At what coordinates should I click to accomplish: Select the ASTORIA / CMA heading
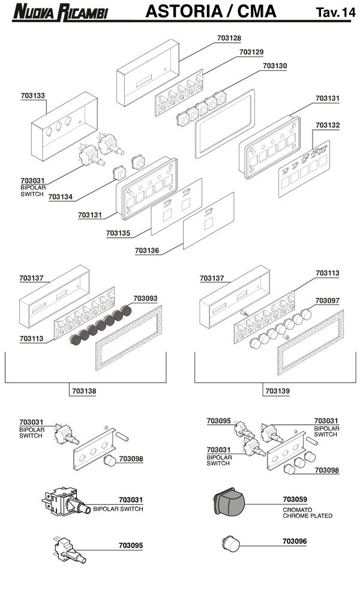click(211, 11)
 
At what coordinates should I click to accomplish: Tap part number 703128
click(229, 38)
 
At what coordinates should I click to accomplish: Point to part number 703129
click(251, 52)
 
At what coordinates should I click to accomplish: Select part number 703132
click(327, 125)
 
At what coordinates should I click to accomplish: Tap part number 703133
click(32, 96)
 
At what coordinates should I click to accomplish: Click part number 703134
click(61, 196)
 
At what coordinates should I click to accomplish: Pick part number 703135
click(119, 233)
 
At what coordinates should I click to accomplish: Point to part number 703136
click(147, 251)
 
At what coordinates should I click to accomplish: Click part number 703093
click(145, 299)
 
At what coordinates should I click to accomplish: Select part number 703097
click(327, 300)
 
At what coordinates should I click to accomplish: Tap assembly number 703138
click(83, 391)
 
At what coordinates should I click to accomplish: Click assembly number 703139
click(277, 391)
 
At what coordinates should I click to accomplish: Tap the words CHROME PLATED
click(307, 516)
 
